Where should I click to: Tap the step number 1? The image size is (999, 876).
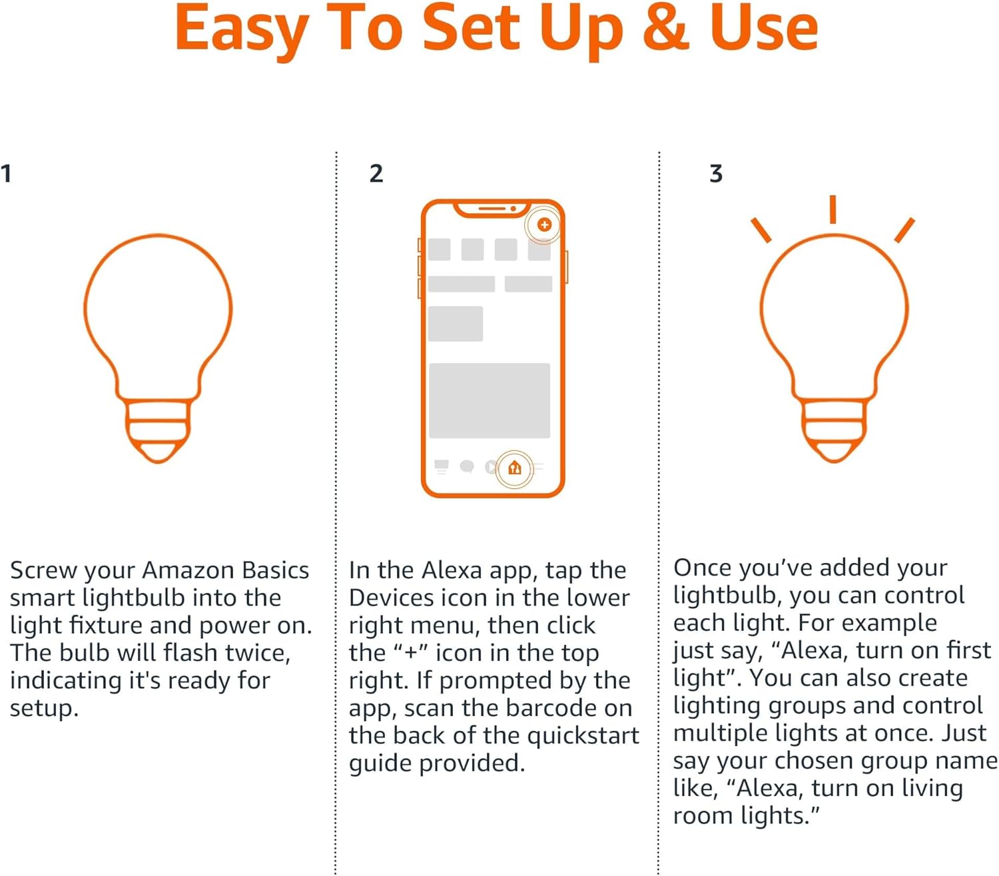[6, 174]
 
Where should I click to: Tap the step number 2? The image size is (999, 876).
[376, 174]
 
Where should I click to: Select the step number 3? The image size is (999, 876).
[716, 174]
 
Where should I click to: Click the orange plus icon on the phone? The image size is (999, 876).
[544, 224]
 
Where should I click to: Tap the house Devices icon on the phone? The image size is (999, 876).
[514, 468]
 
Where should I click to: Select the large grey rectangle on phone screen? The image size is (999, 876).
[490, 400]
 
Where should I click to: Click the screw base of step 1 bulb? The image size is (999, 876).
[158, 430]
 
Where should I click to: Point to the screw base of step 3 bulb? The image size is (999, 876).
[834, 430]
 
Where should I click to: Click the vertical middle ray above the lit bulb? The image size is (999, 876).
[832, 209]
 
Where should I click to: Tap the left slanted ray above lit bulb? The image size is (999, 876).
[761, 230]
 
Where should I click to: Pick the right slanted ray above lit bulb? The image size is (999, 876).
[904, 230]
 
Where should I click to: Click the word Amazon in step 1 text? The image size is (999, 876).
[188, 570]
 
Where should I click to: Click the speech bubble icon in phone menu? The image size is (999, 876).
[467, 467]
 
